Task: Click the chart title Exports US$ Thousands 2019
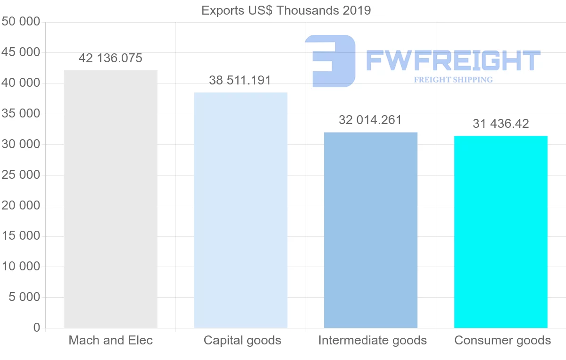click(286, 10)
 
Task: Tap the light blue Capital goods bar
click(241, 210)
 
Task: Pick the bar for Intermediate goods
click(371, 230)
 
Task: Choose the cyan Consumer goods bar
click(501, 232)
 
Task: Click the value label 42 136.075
click(110, 59)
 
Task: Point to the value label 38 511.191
click(240, 80)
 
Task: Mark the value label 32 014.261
click(370, 120)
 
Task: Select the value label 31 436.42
click(501, 124)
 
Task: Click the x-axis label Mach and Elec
click(111, 340)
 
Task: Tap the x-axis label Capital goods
click(242, 340)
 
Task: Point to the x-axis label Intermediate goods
click(373, 340)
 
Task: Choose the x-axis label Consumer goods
click(503, 340)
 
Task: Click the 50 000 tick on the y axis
click(21, 22)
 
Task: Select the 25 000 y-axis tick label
click(21, 175)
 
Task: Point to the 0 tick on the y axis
click(37, 328)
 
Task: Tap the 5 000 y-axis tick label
click(24, 297)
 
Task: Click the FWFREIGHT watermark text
click(453, 60)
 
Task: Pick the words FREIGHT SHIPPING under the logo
click(453, 80)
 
